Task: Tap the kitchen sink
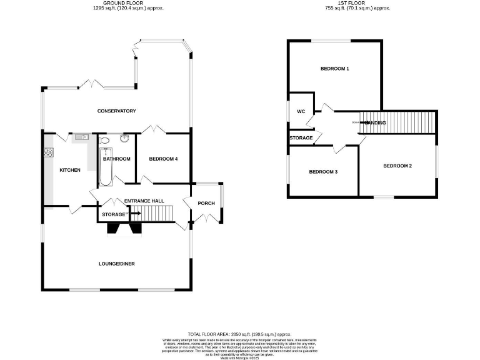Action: (80, 136)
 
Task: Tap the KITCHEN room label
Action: (70, 170)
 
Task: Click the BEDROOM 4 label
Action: (164, 159)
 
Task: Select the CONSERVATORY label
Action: (116, 111)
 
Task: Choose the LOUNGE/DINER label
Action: (117, 263)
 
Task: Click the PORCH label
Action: (206, 203)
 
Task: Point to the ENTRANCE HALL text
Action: (144, 201)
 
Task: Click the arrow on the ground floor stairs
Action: (135, 214)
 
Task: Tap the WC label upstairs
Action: (301, 111)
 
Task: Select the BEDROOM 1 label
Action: (334, 68)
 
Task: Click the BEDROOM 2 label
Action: (397, 166)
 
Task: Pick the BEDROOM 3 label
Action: (323, 171)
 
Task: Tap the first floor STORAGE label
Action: (301, 137)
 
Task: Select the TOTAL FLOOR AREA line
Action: (239, 335)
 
